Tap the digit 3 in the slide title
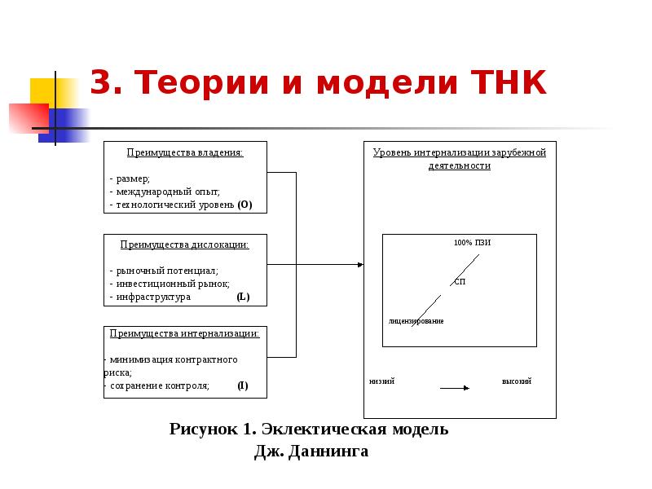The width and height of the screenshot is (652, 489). click(x=100, y=84)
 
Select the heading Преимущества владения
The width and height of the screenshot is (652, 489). click(x=185, y=152)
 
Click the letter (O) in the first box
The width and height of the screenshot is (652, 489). click(x=245, y=205)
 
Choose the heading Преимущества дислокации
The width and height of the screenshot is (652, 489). click(x=185, y=244)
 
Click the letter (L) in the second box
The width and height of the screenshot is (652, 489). click(x=243, y=297)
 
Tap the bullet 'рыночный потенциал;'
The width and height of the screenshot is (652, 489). click(x=166, y=270)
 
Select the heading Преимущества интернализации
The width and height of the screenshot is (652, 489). click(x=185, y=333)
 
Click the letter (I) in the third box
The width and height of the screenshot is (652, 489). click(x=243, y=385)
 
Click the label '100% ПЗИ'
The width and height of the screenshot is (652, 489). click(x=473, y=243)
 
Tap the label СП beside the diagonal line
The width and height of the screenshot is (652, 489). click(x=460, y=281)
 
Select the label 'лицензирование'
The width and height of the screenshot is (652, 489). click(x=416, y=321)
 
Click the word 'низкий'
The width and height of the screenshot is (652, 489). click(x=381, y=381)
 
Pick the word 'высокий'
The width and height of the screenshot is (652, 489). click(x=516, y=381)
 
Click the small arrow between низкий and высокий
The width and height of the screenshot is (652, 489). click(x=455, y=388)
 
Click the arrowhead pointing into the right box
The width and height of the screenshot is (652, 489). click(x=359, y=264)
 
